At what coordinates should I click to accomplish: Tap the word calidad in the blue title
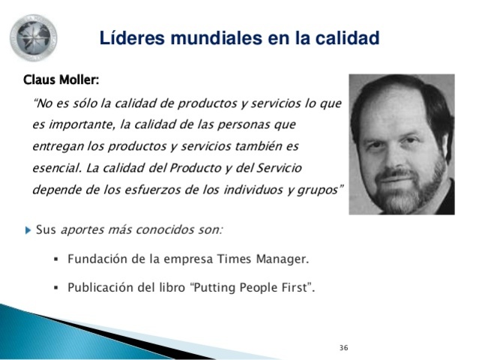click(346, 37)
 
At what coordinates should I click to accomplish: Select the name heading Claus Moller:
click(61, 79)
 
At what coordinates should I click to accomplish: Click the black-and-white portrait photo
click(401, 144)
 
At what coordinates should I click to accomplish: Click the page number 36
click(344, 347)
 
